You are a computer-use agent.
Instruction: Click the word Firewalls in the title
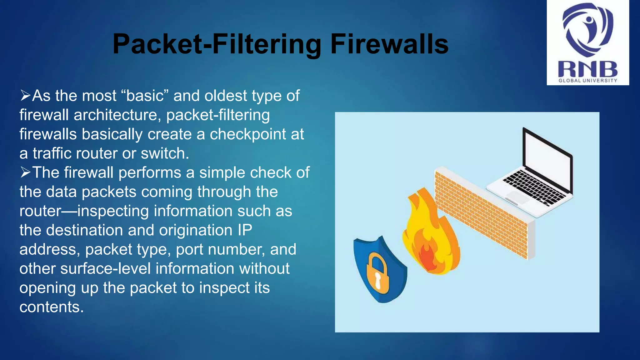tap(389, 44)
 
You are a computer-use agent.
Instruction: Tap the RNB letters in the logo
tap(587, 69)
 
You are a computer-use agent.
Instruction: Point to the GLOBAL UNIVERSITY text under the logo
tap(588, 81)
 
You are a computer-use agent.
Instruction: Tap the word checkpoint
tap(248, 134)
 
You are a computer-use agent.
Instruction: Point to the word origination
tap(196, 230)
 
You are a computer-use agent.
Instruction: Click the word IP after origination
tap(245, 230)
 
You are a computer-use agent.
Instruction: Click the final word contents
tap(51, 307)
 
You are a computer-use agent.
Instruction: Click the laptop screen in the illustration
tap(547, 159)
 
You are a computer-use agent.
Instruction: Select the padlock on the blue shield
tap(378, 275)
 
